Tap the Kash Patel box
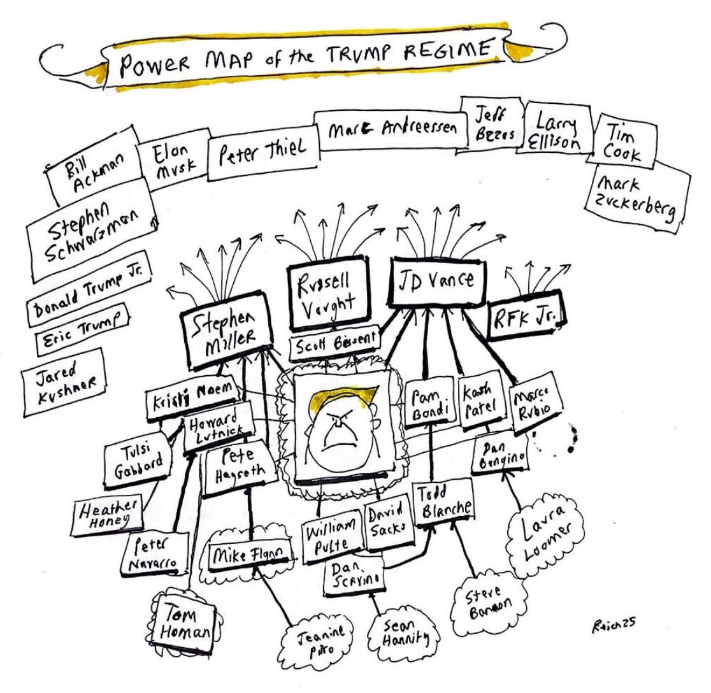click(481, 401)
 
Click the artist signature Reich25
click(612, 625)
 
